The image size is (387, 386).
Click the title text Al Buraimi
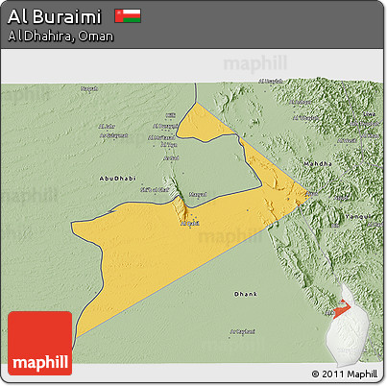coord(55,16)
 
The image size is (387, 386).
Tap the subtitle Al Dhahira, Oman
coord(60,36)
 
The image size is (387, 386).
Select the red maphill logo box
coord(39,343)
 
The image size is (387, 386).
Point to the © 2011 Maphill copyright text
coord(345,374)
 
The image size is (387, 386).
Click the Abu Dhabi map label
coord(111,179)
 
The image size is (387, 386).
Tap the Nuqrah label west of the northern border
coord(88,90)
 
